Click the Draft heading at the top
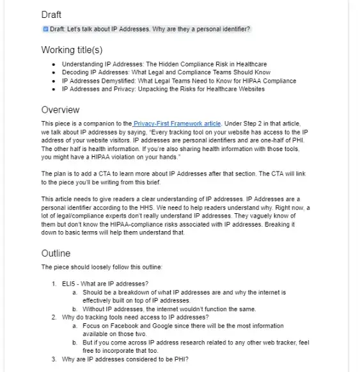52,14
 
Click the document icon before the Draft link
45,29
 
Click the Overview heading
60,109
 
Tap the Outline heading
56,253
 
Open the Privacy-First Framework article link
177,123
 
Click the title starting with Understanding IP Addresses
164,64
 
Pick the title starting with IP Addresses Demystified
178,81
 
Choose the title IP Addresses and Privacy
162,89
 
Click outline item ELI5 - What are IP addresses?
106,283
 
